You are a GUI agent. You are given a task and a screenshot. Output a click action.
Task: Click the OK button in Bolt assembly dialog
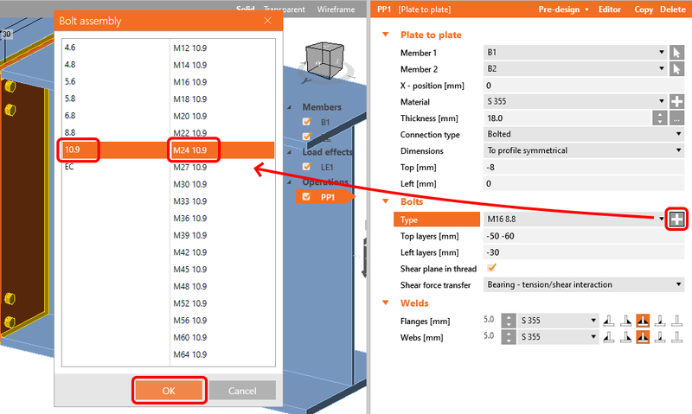coord(169,391)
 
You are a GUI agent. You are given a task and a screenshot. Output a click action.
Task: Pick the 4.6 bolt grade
coord(71,48)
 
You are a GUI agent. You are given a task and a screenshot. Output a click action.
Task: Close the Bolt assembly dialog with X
coord(268,20)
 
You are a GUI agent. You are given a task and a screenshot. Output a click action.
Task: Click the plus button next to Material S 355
coord(676,102)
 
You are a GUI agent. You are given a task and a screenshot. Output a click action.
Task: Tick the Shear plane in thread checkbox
coord(492,268)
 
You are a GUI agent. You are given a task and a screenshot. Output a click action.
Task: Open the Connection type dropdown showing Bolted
coord(584,135)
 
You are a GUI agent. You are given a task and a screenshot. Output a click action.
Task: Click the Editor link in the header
coord(610,9)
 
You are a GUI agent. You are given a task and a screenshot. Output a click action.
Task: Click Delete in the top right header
coord(671,9)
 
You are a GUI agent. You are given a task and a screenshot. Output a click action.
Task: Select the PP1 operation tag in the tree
coord(324,197)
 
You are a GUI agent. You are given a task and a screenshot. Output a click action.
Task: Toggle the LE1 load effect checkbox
coord(306,166)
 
